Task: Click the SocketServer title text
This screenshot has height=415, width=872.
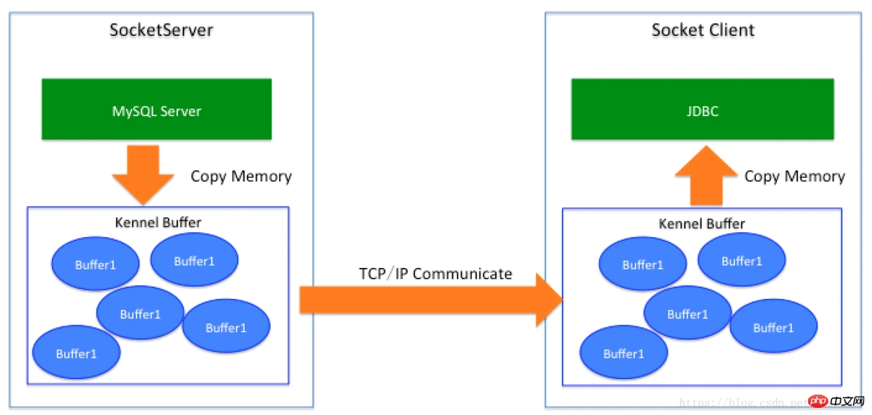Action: (161, 30)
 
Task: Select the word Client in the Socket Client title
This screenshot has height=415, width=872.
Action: (731, 30)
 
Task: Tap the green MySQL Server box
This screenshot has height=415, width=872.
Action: (156, 109)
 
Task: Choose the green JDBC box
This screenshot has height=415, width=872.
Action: (702, 109)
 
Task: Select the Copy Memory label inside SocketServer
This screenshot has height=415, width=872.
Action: (241, 176)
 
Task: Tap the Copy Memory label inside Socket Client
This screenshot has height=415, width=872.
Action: (795, 176)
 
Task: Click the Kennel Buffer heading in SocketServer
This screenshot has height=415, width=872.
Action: (158, 222)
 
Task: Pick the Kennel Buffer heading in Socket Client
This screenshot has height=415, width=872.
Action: (701, 224)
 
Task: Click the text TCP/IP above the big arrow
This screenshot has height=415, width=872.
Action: (384, 274)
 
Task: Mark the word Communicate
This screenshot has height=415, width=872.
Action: (462, 274)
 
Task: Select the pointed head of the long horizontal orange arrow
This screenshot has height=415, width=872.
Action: (549, 300)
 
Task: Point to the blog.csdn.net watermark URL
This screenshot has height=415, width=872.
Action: (745, 403)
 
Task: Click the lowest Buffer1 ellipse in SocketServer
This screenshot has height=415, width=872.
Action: (76, 354)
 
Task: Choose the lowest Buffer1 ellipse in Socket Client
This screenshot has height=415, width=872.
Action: (623, 354)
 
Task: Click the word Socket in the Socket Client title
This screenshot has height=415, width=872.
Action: (677, 30)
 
